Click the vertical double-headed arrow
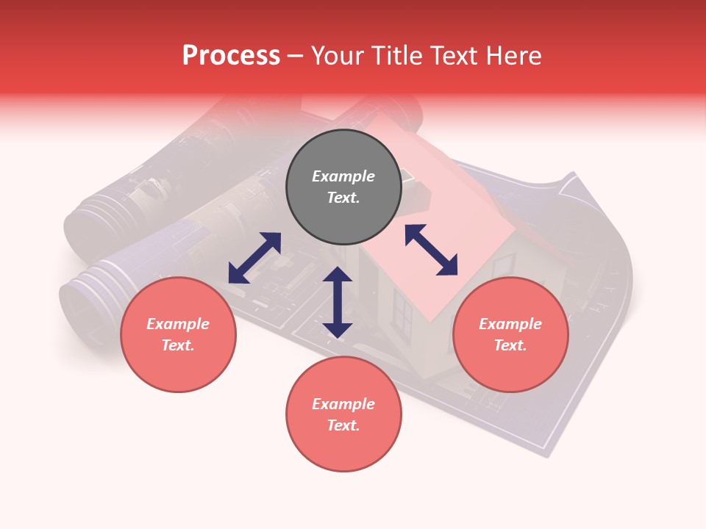[x=338, y=302]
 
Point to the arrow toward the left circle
[x=254, y=258]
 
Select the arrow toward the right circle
[x=432, y=250]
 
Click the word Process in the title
[x=231, y=56]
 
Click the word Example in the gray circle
[x=343, y=176]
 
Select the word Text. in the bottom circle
[x=343, y=425]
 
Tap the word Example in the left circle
[x=178, y=324]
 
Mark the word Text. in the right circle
[x=510, y=345]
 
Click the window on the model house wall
[x=403, y=312]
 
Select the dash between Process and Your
[x=296, y=57]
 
